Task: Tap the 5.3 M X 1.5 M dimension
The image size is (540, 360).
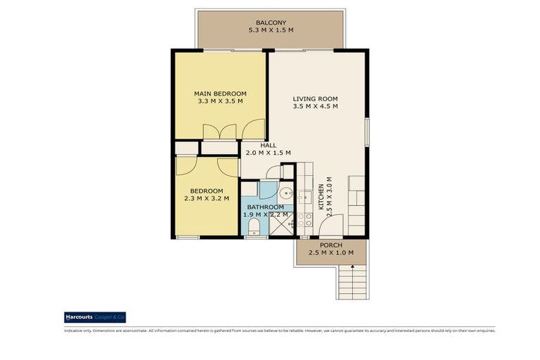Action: tap(270, 31)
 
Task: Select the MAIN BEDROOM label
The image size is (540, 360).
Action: tap(220, 94)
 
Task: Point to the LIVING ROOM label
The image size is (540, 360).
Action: tap(316, 98)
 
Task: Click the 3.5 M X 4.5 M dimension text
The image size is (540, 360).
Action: tap(316, 107)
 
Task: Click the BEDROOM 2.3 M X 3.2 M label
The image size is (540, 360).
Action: tap(207, 195)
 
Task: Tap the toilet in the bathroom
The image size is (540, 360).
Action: tap(254, 226)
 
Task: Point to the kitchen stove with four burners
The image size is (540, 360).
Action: tap(305, 219)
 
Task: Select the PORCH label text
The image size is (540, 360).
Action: tap(331, 245)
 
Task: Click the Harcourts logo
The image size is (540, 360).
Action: tap(95, 317)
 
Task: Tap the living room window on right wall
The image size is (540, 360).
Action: tap(368, 132)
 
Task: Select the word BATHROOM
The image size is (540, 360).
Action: tap(265, 207)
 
